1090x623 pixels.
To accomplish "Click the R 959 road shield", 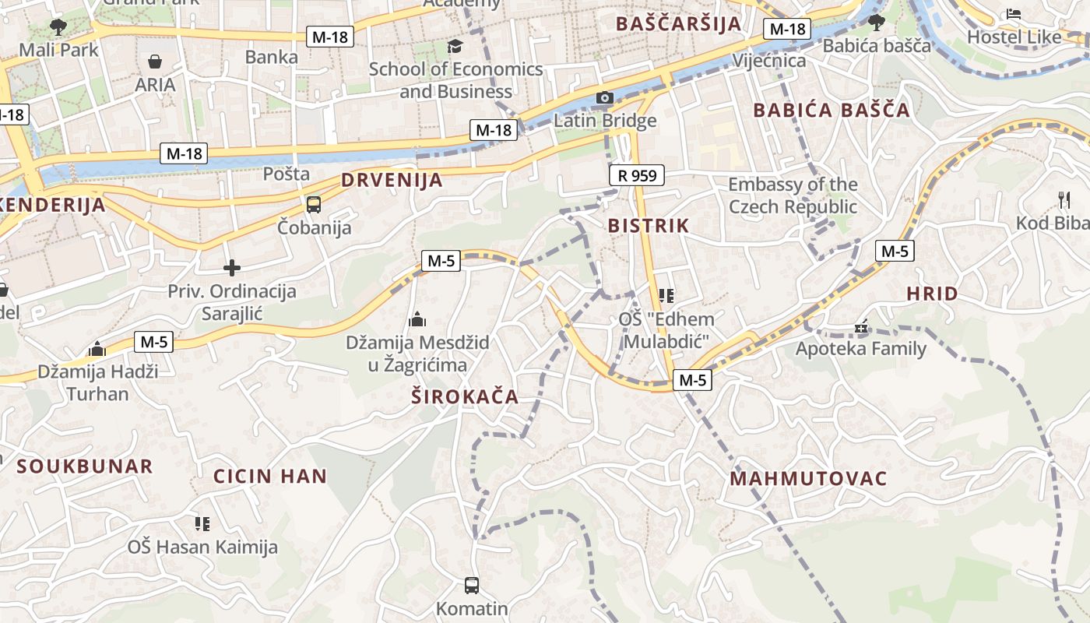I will tap(637, 175).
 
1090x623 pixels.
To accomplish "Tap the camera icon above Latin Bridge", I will tap(604, 97).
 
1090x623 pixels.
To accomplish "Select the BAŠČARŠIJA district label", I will tap(679, 23).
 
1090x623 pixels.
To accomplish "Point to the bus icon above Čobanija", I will tap(314, 205).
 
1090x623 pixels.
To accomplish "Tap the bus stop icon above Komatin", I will tap(471, 585).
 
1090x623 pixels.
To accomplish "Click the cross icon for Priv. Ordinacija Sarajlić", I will tap(232, 268).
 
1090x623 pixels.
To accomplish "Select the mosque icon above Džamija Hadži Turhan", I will tap(97, 348).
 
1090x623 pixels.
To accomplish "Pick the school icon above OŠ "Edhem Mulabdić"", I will tap(666, 295).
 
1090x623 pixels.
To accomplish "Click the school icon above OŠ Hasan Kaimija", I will tap(202, 523).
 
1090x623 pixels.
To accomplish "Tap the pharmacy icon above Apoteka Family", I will tap(860, 326).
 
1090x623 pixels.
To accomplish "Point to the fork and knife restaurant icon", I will tap(1064, 200).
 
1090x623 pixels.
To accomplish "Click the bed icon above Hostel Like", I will tap(1014, 14).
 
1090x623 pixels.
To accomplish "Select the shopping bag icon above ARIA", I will tap(155, 62).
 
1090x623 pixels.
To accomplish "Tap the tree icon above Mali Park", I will tap(58, 27).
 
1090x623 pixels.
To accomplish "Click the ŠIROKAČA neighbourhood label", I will tap(465, 396).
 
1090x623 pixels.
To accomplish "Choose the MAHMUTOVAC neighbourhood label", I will tap(808, 478).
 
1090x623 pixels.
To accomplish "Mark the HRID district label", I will tap(932, 294).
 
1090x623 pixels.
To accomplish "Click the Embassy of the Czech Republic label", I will tap(793, 195).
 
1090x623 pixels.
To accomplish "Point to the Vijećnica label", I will tap(769, 61).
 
